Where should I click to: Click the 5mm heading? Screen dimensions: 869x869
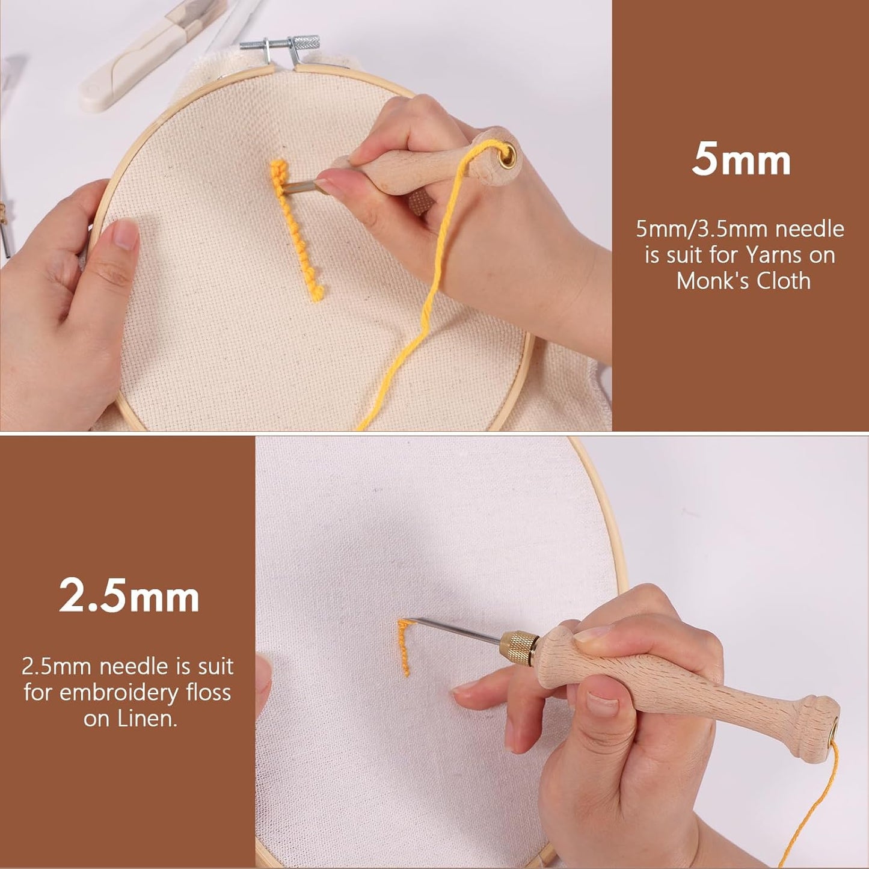741,159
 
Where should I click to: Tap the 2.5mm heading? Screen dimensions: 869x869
129,596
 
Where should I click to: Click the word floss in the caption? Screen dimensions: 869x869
208,692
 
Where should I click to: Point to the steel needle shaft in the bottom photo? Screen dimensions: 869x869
457,630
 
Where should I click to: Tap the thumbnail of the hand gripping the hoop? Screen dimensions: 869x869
126,234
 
